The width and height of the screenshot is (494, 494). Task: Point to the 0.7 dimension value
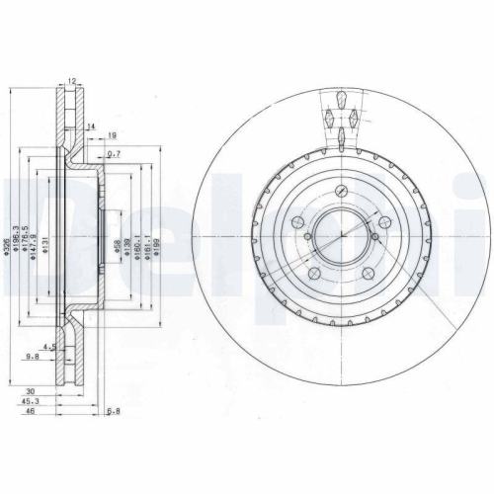coord(114,154)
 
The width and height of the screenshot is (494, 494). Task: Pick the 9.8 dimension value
coord(33,357)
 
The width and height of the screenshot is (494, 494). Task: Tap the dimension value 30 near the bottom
coord(33,391)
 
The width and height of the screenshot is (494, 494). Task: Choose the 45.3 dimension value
coord(33,401)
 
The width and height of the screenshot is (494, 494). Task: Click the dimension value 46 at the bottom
coord(33,412)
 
